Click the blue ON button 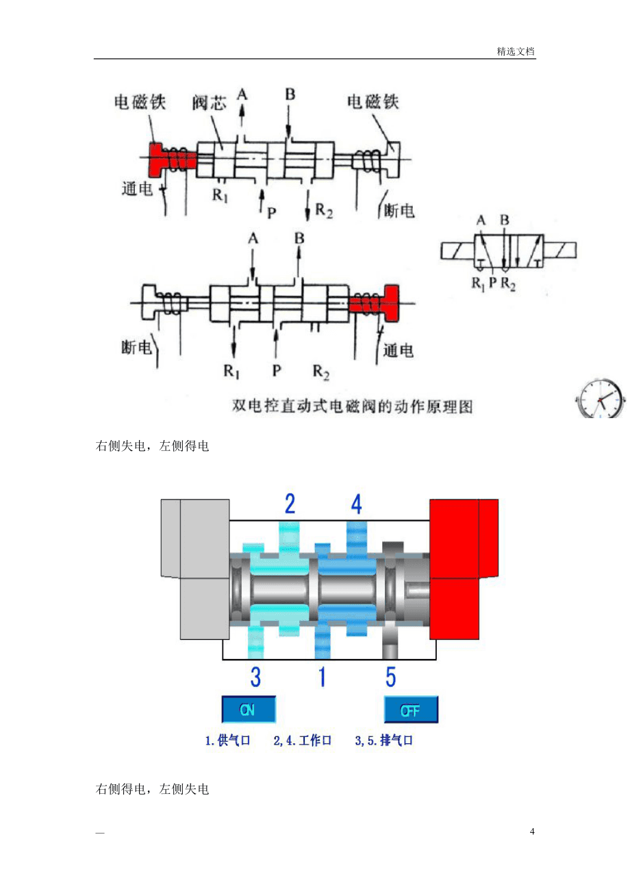pyautogui.click(x=249, y=709)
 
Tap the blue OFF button pyautogui.click(x=411, y=709)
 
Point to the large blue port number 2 pyautogui.click(x=290, y=504)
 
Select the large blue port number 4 pyautogui.click(x=356, y=504)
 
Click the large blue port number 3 pyautogui.click(x=255, y=677)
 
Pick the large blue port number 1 pyautogui.click(x=323, y=677)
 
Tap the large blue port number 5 pyautogui.click(x=390, y=677)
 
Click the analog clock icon pyautogui.click(x=600, y=398)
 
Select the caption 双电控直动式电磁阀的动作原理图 pyautogui.click(x=352, y=406)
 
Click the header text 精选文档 pyautogui.click(x=516, y=51)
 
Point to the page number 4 pyautogui.click(x=532, y=831)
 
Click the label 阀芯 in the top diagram pyautogui.click(x=210, y=103)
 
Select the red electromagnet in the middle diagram pyautogui.click(x=374, y=303)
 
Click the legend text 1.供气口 pyautogui.click(x=227, y=740)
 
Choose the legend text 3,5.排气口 pyautogui.click(x=383, y=740)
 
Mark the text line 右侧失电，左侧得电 pyautogui.click(x=152, y=446)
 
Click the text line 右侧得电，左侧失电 pyautogui.click(x=152, y=789)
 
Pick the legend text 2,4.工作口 pyautogui.click(x=303, y=740)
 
